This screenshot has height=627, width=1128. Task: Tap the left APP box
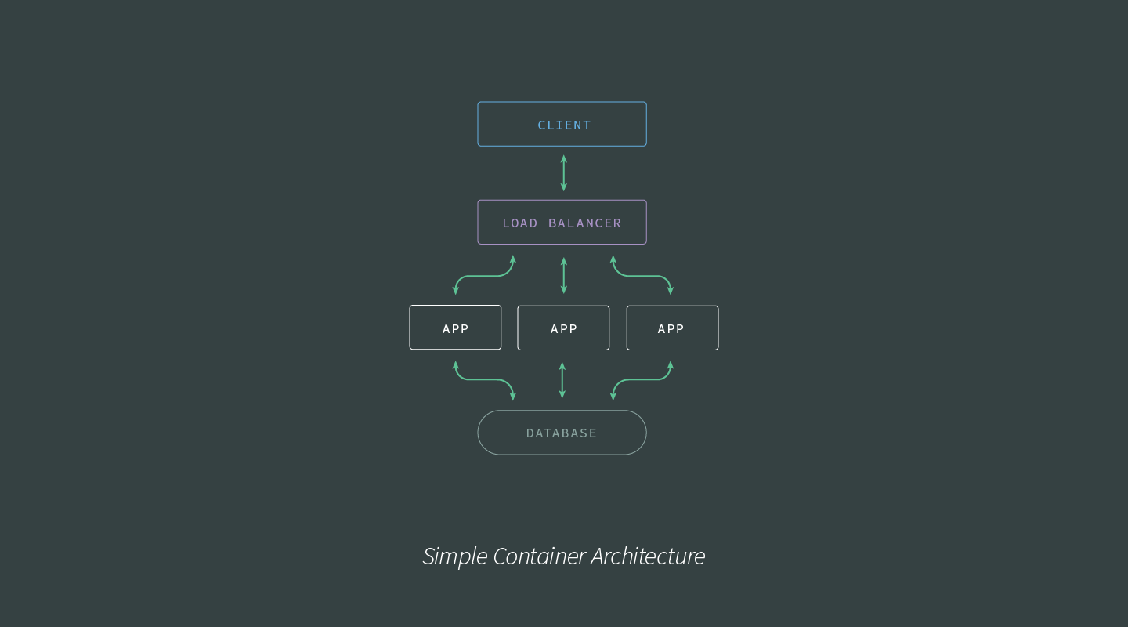(455, 328)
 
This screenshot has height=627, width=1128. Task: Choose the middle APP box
(563, 328)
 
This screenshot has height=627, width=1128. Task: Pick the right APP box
(672, 328)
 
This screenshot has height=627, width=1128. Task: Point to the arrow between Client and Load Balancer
(563, 173)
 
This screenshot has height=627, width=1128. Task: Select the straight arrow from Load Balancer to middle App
(563, 275)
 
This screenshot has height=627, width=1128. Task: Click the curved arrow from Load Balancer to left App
(484, 276)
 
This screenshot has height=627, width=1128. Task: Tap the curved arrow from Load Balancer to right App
(642, 276)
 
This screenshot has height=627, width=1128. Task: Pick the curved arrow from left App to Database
(484, 379)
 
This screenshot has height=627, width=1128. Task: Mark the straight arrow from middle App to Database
(562, 380)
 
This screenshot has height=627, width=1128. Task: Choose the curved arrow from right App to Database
(642, 379)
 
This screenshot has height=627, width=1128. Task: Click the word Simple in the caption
(454, 556)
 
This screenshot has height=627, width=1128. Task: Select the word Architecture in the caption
(648, 556)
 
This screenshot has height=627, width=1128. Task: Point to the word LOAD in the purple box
(520, 223)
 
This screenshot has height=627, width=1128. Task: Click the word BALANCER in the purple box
(584, 223)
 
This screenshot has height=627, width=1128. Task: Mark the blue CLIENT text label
(564, 125)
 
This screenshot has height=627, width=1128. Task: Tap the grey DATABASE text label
(562, 433)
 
